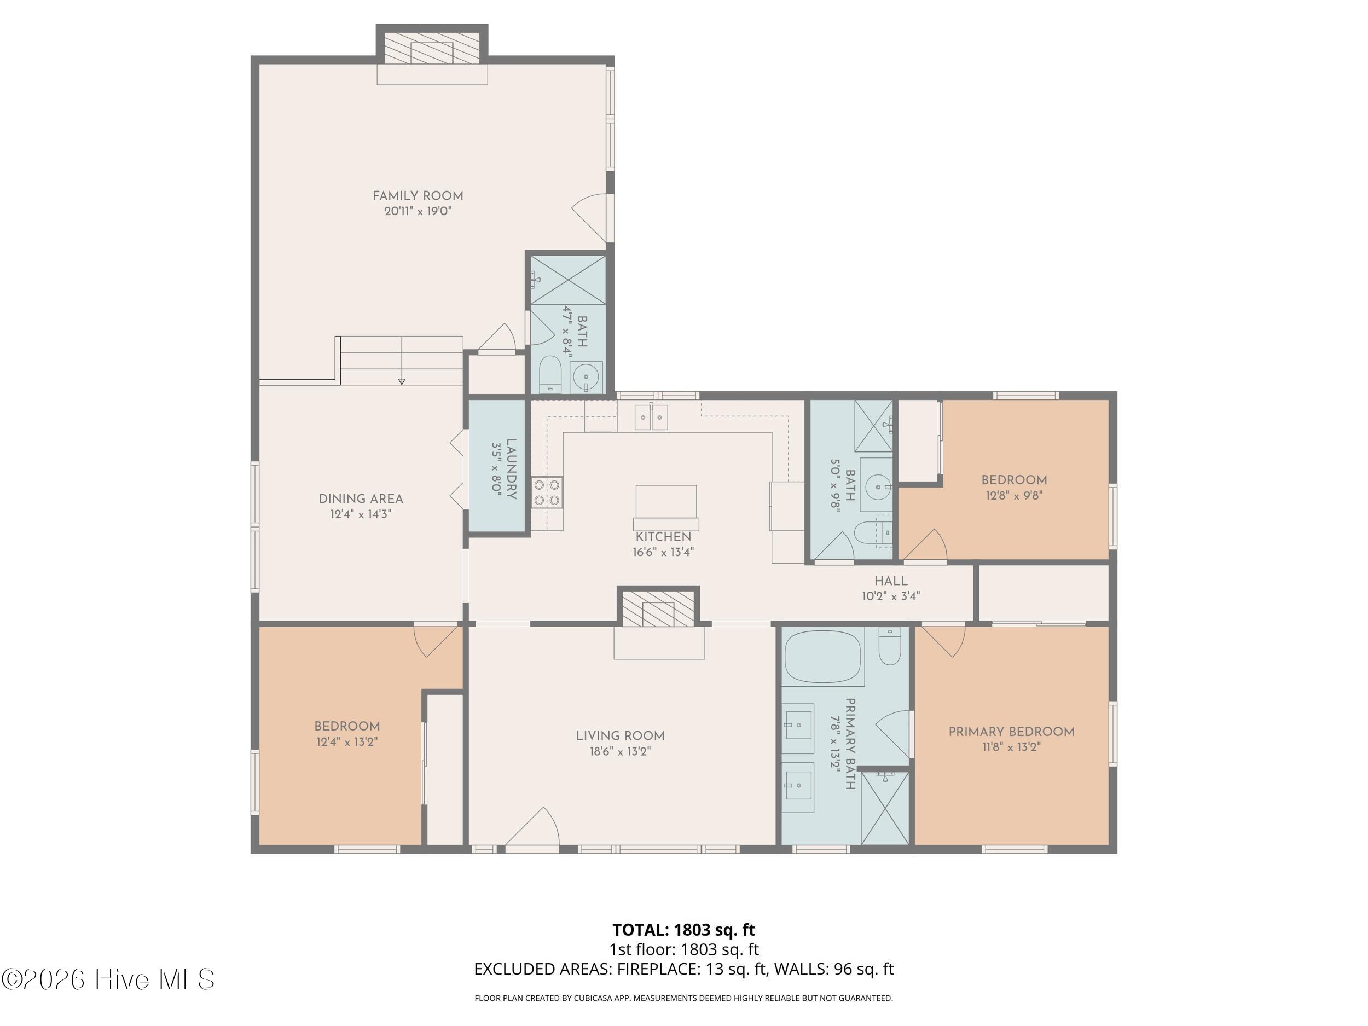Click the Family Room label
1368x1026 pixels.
[418, 196]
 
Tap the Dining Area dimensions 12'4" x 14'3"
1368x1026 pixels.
[361, 514]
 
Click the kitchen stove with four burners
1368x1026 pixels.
[547, 493]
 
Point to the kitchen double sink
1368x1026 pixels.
[652, 417]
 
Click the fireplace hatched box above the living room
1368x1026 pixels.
[658, 608]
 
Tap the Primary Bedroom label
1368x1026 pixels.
[1011, 732]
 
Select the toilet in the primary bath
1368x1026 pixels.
[889, 646]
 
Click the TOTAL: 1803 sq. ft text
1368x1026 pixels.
[683, 930]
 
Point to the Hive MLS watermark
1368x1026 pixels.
[108, 979]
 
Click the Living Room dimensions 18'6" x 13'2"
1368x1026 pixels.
[621, 751]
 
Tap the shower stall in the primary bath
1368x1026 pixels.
[885, 807]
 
